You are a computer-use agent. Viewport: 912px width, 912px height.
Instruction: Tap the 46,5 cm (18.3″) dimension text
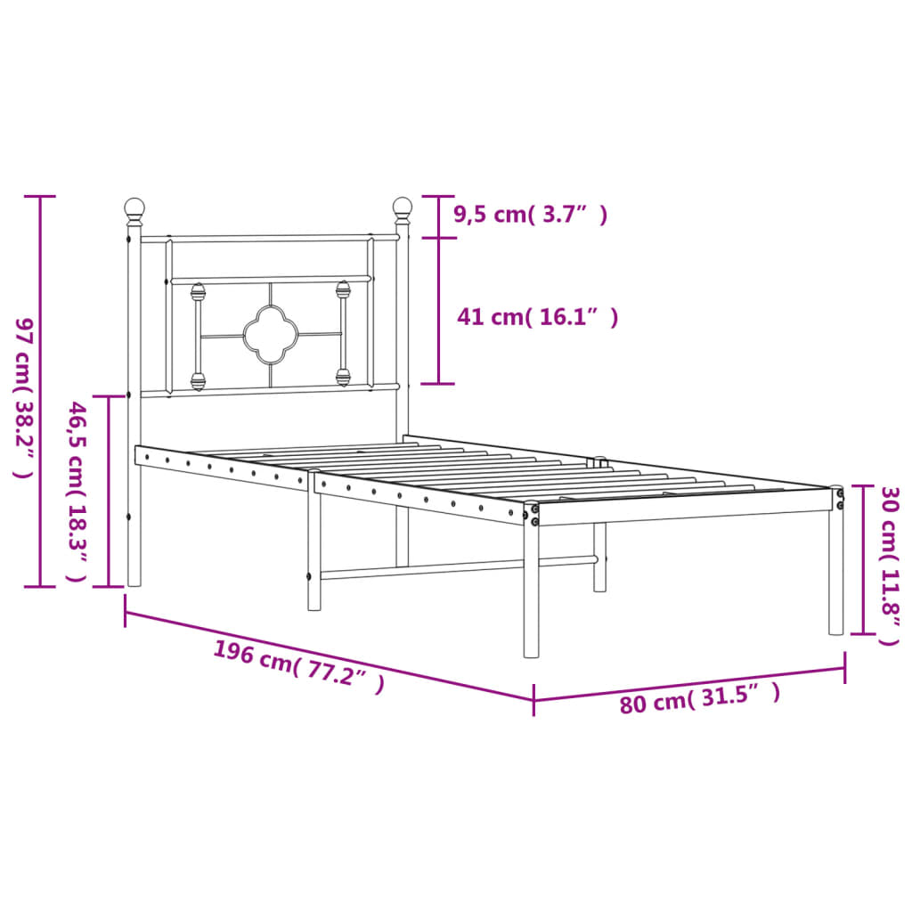tap(78, 491)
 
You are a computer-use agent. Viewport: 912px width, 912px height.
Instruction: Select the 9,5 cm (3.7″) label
tap(530, 214)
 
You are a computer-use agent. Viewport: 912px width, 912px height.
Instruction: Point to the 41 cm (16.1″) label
tap(537, 316)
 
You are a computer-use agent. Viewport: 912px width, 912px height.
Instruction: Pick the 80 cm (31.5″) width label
tap(700, 698)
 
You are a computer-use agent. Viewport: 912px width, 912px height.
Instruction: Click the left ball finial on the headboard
tap(134, 210)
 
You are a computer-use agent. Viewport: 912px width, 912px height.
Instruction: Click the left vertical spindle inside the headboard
tap(198, 337)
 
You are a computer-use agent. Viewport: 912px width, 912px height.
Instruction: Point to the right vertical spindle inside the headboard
tap(343, 333)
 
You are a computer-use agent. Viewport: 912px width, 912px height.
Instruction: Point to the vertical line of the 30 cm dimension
tap(863, 559)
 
